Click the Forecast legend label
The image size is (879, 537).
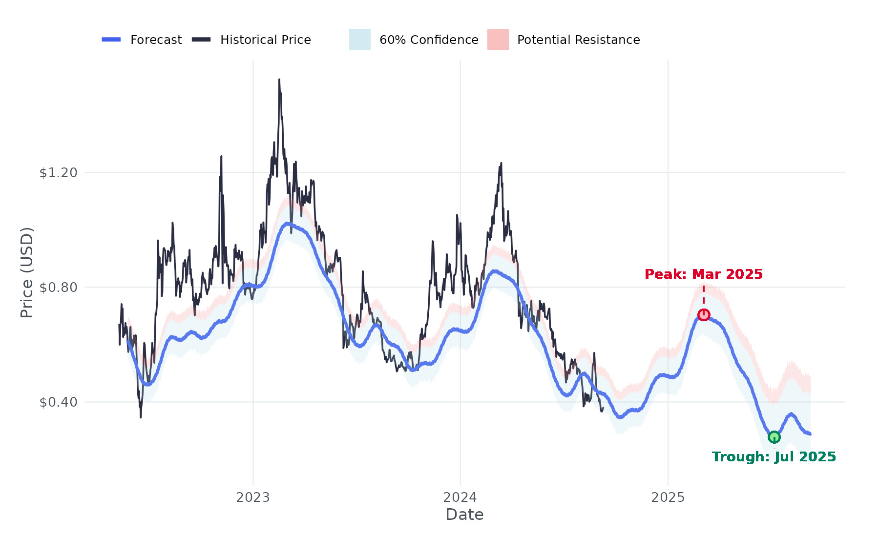[156, 40]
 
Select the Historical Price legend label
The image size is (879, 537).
[265, 40]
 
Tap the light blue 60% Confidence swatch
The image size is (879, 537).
[359, 40]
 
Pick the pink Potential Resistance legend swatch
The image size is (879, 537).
[498, 40]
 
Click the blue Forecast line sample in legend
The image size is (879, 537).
[111, 40]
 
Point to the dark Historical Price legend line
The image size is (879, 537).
[201, 40]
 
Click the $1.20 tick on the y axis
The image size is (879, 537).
[58, 172]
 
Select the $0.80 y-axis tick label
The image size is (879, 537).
[58, 287]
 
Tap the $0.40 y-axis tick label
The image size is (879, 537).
[58, 402]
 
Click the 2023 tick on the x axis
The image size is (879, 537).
[253, 497]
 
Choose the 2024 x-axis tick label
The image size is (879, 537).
[460, 497]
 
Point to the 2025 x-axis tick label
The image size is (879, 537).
[668, 497]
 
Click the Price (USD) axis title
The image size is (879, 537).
[27, 272]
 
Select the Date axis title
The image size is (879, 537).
[464, 515]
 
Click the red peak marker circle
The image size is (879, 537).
[704, 315]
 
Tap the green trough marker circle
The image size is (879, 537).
[774, 437]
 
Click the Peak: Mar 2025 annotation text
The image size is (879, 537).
[704, 274]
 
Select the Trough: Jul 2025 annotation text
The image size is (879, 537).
[774, 457]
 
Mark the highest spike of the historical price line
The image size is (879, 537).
[279, 80]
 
